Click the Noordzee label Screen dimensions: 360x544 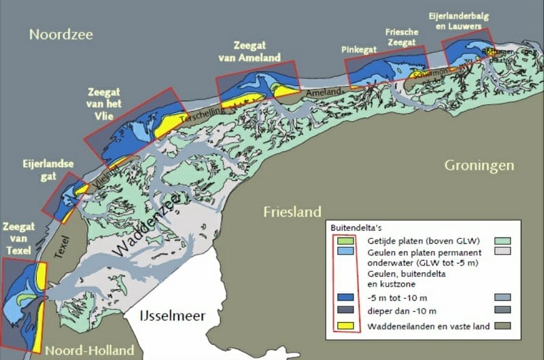61,35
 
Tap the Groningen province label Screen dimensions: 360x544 479,166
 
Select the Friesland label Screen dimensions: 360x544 293,212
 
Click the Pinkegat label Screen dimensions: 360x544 359,50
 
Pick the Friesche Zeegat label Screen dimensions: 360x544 401,39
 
